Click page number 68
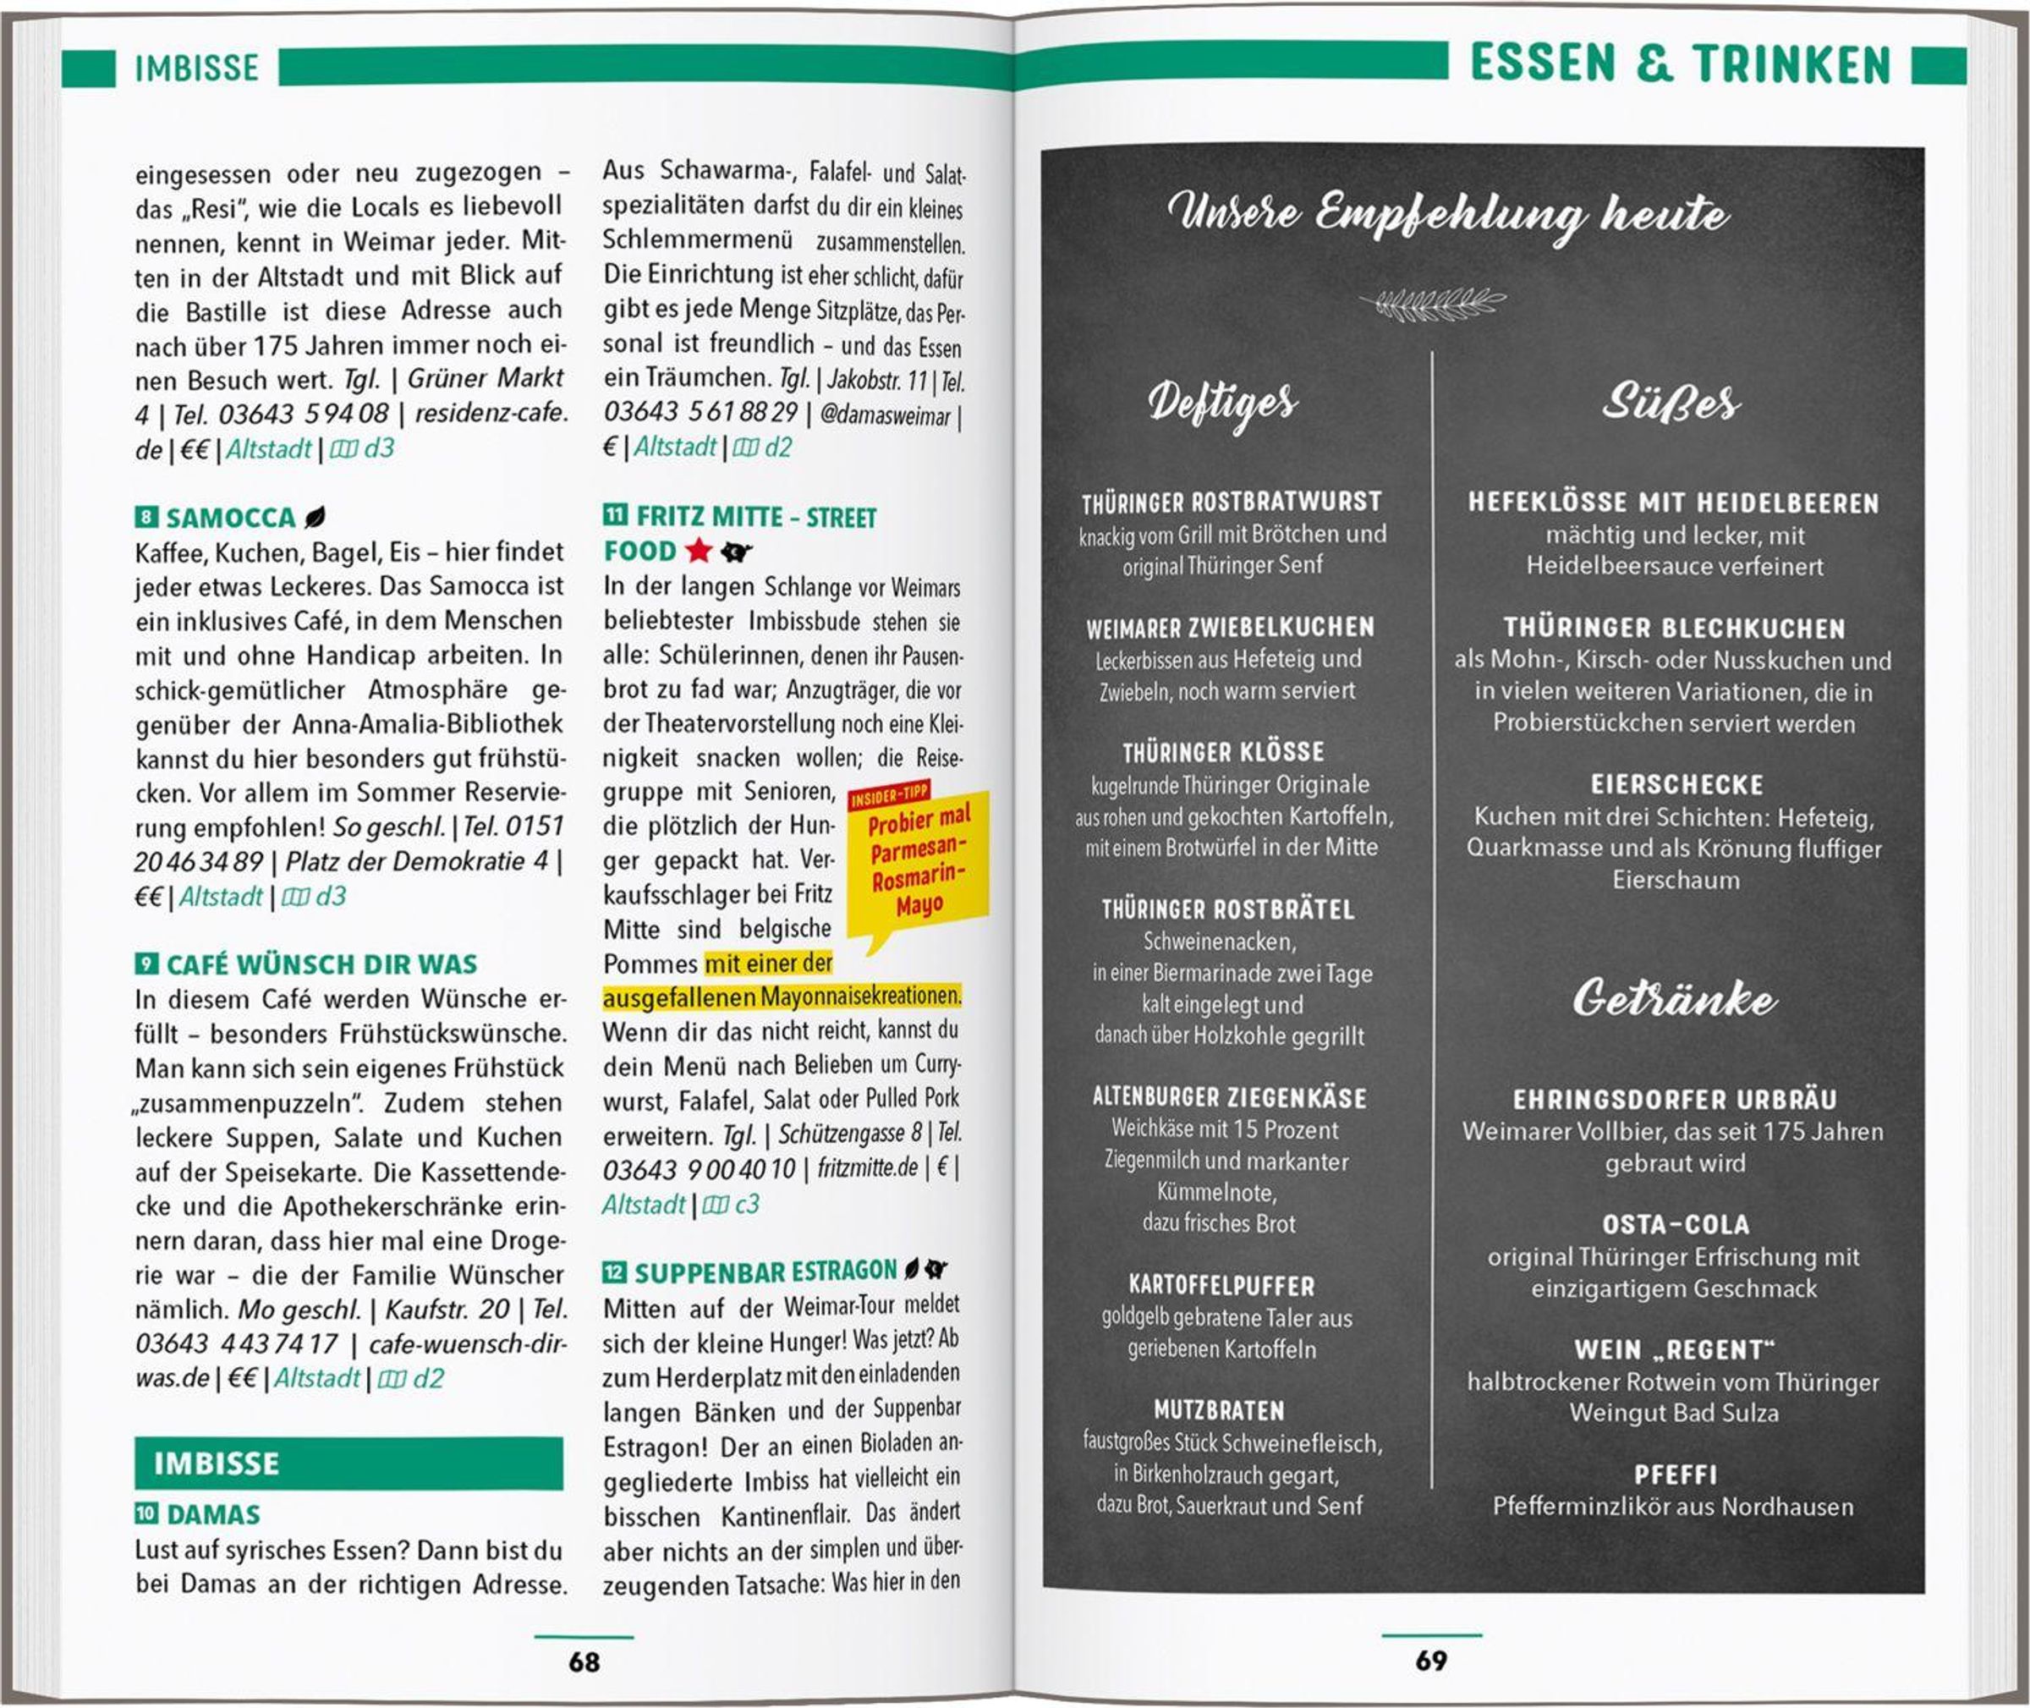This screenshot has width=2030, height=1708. click(584, 1661)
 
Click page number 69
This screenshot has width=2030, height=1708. click(1431, 1661)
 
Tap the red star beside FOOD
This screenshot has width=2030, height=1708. click(698, 551)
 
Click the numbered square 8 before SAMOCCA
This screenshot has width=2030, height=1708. click(145, 517)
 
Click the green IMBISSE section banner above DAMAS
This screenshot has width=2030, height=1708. click(348, 1463)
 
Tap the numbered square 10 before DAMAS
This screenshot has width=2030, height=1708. click(146, 1513)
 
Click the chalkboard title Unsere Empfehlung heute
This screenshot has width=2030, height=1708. click(1447, 212)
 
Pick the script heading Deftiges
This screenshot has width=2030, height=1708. click(1221, 402)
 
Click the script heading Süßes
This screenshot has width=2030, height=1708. click(1670, 402)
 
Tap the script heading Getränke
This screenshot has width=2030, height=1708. click(1674, 999)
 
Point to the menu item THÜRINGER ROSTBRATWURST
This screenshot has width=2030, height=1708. click(1232, 503)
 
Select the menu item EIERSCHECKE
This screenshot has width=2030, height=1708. click(1676, 784)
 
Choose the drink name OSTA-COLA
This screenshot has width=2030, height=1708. click(1676, 1225)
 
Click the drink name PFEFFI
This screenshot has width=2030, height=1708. click(1676, 1475)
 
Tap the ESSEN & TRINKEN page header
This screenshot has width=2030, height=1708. click(1680, 65)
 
